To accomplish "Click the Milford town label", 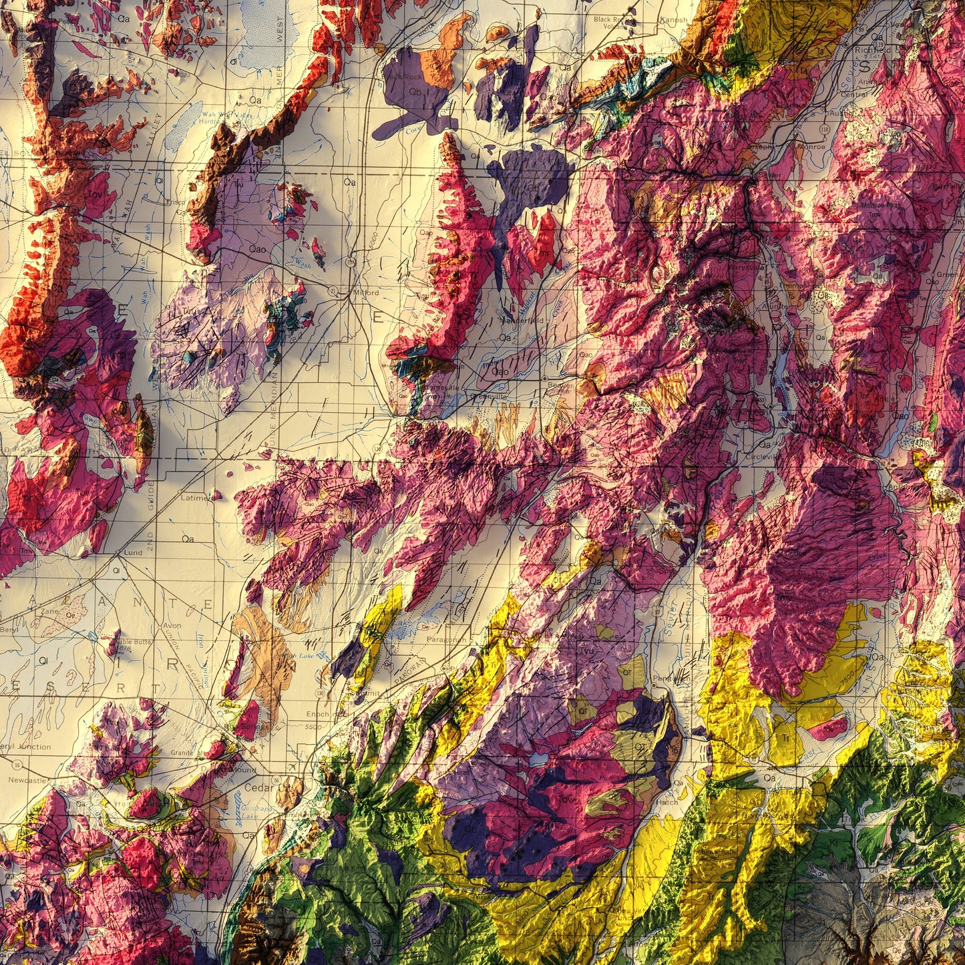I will [x=365, y=293].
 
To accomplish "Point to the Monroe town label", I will [x=812, y=147].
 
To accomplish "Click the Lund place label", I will [x=133, y=553].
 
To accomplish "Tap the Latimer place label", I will [x=195, y=498].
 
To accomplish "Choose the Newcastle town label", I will [x=27, y=780].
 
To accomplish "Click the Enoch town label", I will [x=317, y=714].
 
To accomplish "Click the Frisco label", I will [x=176, y=201].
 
